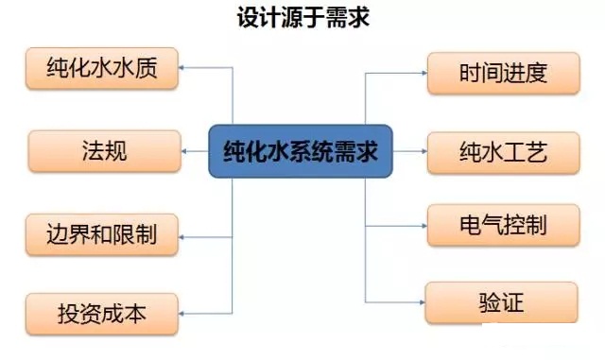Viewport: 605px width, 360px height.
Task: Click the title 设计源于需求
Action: (x=302, y=16)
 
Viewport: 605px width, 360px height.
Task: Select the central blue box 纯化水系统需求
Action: (x=301, y=150)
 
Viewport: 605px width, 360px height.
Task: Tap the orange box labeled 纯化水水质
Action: (x=101, y=68)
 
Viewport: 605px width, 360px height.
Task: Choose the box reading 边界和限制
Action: (x=101, y=231)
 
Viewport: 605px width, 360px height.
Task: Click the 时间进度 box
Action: (x=502, y=73)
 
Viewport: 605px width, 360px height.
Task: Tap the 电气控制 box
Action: (x=502, y=226)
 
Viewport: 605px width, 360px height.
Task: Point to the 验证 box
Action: (x=501, y=303)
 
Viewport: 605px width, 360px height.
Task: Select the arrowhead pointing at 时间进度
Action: (x=422, y=73)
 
